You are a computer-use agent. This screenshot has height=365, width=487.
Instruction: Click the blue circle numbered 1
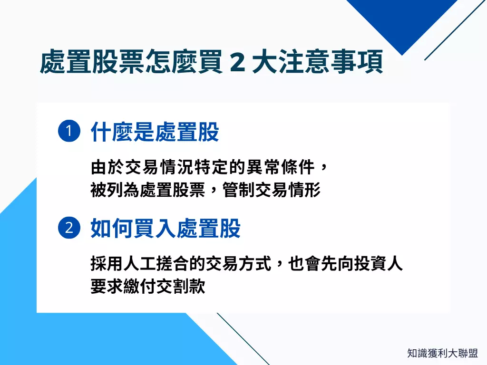tap(69, 131)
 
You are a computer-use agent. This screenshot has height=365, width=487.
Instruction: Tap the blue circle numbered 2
tap(69, 228)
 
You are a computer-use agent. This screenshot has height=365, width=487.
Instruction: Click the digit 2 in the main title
tap(238, 62)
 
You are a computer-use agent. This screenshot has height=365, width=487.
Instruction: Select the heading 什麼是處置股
tap(155, 132)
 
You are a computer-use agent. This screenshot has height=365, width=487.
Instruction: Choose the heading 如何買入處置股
tap(166, 228)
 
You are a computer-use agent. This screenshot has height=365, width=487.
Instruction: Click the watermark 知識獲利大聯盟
tap(443, 353)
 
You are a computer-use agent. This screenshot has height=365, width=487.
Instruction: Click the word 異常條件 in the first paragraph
tap(281, 167)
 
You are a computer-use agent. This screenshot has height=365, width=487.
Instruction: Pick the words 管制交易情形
tap(272, 190)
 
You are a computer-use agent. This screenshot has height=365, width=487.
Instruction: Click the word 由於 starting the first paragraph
tap(107, 167)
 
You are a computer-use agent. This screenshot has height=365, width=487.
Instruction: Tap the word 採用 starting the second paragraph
tap(107, 263)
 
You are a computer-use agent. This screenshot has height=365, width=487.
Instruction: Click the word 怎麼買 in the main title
tap(184, 62)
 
